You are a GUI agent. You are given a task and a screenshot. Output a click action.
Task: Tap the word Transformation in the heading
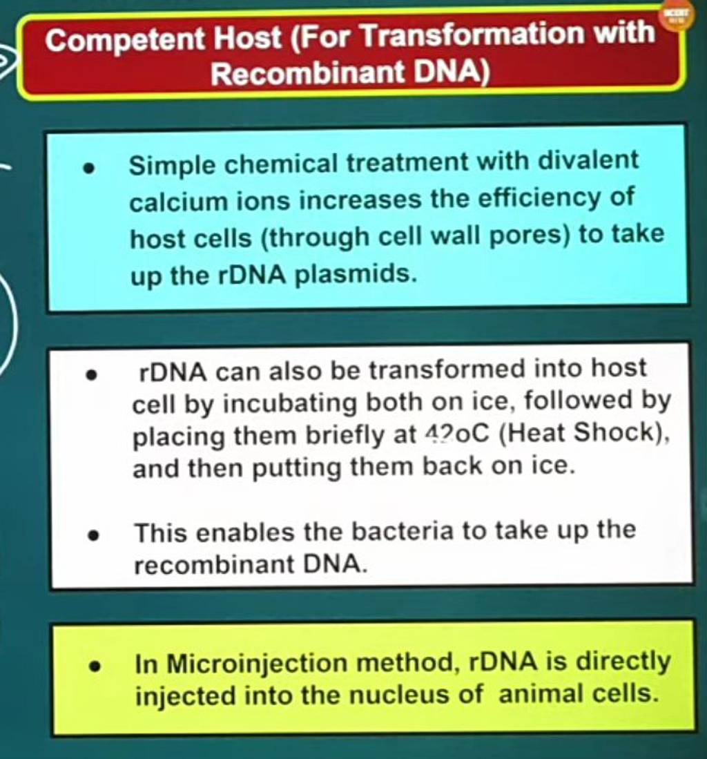pos(472,35)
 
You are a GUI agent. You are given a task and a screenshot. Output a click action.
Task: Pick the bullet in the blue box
pos(88,168)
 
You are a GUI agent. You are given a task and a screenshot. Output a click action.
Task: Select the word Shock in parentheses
pos(613,432)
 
